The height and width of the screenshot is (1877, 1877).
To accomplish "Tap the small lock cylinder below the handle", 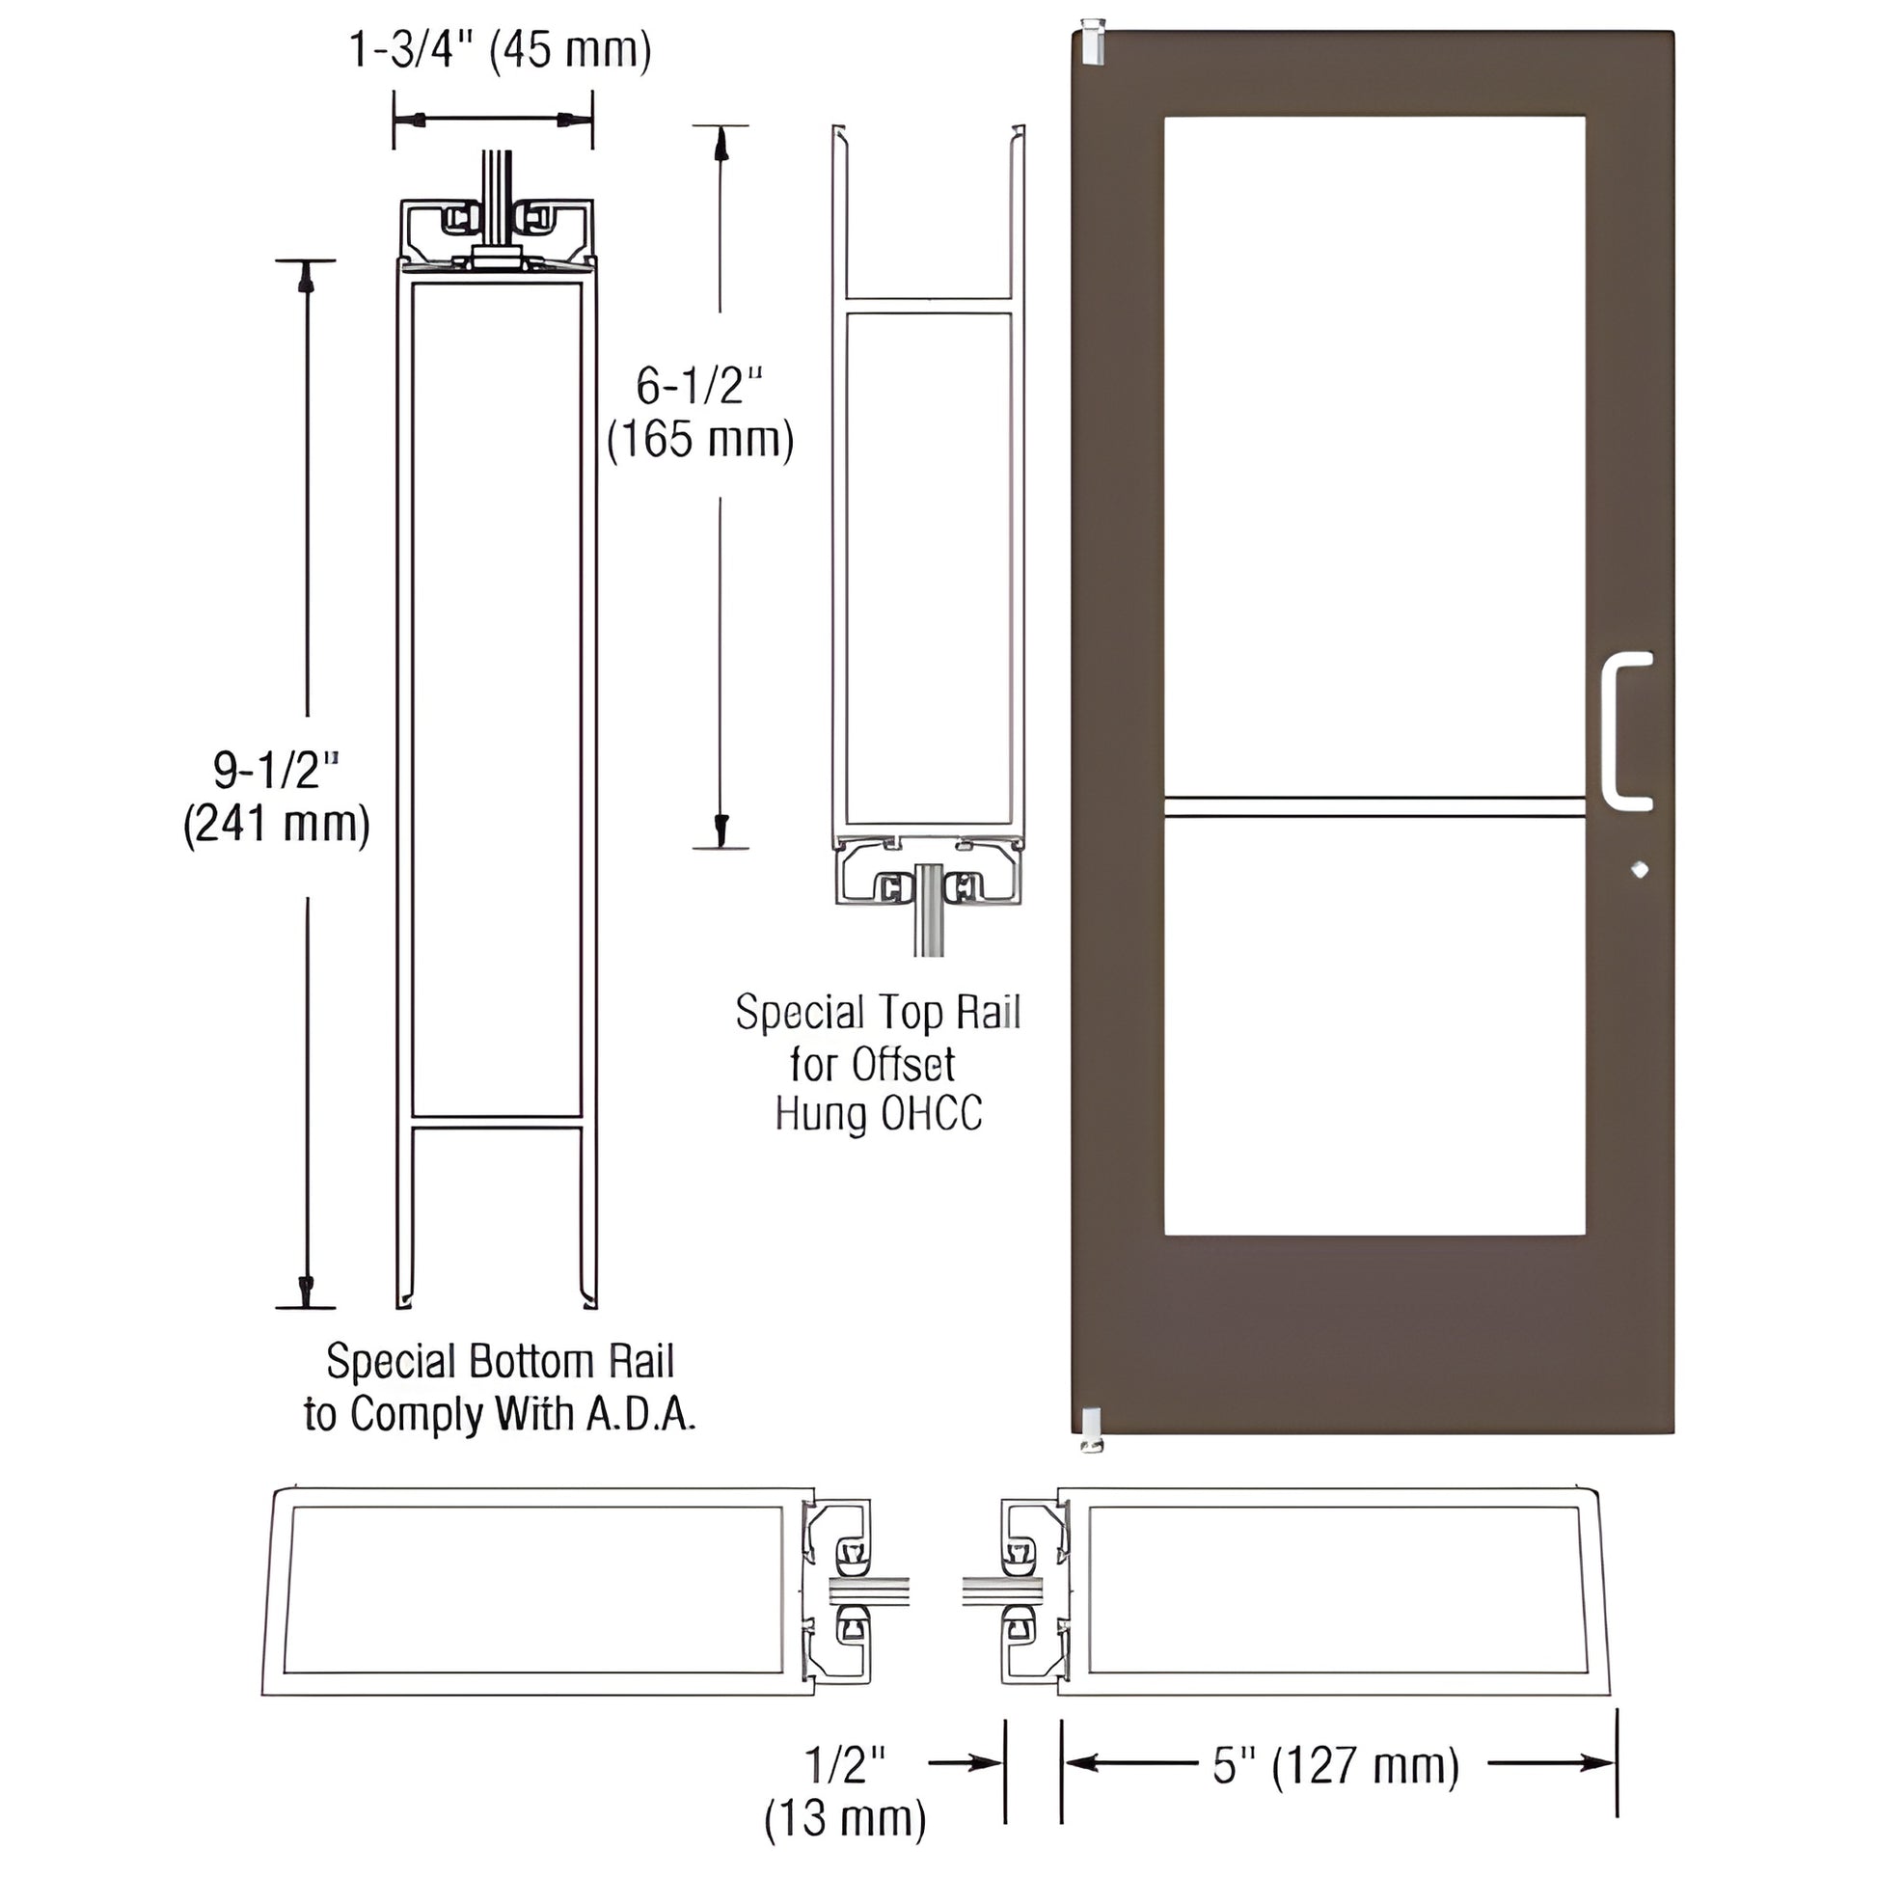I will pos(1640,868).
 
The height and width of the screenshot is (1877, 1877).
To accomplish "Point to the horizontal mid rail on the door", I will pos(1374,806).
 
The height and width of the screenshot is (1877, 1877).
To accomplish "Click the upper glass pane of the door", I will pos(1374,456).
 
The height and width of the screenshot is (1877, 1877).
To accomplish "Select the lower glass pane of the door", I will pos(1374,1026).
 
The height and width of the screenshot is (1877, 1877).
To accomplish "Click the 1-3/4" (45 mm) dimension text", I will pos(500,50).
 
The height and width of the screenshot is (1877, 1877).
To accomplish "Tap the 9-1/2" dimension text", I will pos(276,771).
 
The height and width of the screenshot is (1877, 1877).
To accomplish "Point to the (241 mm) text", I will pos(276,824).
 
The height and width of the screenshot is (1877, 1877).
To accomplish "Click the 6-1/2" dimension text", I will pos(699,386).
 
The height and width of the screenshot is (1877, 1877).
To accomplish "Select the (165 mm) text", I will pos(699,439).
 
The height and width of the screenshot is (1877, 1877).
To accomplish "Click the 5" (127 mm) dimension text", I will pos(1336,1765).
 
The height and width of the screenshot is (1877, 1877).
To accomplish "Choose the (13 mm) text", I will pos(844,1818).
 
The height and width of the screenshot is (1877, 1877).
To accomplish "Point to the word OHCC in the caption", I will pos(931,1113).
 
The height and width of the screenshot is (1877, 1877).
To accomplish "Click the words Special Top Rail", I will pos(878,1013).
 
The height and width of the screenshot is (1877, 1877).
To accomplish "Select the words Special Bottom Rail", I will pos(500,1361).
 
